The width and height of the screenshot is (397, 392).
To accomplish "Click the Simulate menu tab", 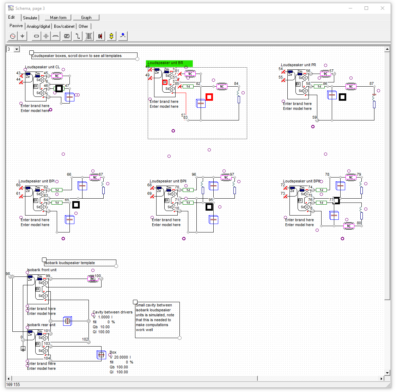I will tap(30, 18).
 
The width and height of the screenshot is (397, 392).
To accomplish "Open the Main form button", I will tap(58, 18).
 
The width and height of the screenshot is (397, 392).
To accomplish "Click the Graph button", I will tap(86, 18).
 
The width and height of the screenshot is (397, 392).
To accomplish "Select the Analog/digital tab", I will tap(38, 26).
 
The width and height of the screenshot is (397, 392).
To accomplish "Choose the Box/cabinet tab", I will tap(64, 26).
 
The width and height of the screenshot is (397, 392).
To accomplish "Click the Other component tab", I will tap(84, 26).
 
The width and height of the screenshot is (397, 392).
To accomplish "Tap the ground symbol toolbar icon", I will tap(22, 36).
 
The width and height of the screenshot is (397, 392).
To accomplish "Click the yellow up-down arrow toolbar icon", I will tap(111, 36).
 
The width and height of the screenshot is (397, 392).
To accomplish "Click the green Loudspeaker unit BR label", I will tap(170, 63).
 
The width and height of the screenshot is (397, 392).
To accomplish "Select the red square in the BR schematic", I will tap(209, 97).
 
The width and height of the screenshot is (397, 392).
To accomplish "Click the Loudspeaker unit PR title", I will tap(298, 65).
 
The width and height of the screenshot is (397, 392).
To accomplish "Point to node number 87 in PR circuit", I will tap(371, 84).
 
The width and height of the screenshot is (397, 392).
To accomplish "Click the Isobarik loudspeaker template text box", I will tap(70, 263).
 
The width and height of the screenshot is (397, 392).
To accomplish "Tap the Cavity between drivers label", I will tap(112, 312).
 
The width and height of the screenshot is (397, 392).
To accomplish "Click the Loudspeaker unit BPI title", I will tap(37, 181).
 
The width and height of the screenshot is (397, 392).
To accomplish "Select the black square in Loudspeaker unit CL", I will tap(59, 88).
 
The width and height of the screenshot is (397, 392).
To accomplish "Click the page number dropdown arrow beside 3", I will tap(17, 49).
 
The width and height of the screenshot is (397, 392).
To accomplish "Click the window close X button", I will tap(382, 8).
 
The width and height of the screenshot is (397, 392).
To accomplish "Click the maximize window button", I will tap(366, 8).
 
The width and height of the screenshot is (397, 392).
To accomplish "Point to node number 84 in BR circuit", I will tap(236, 84).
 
